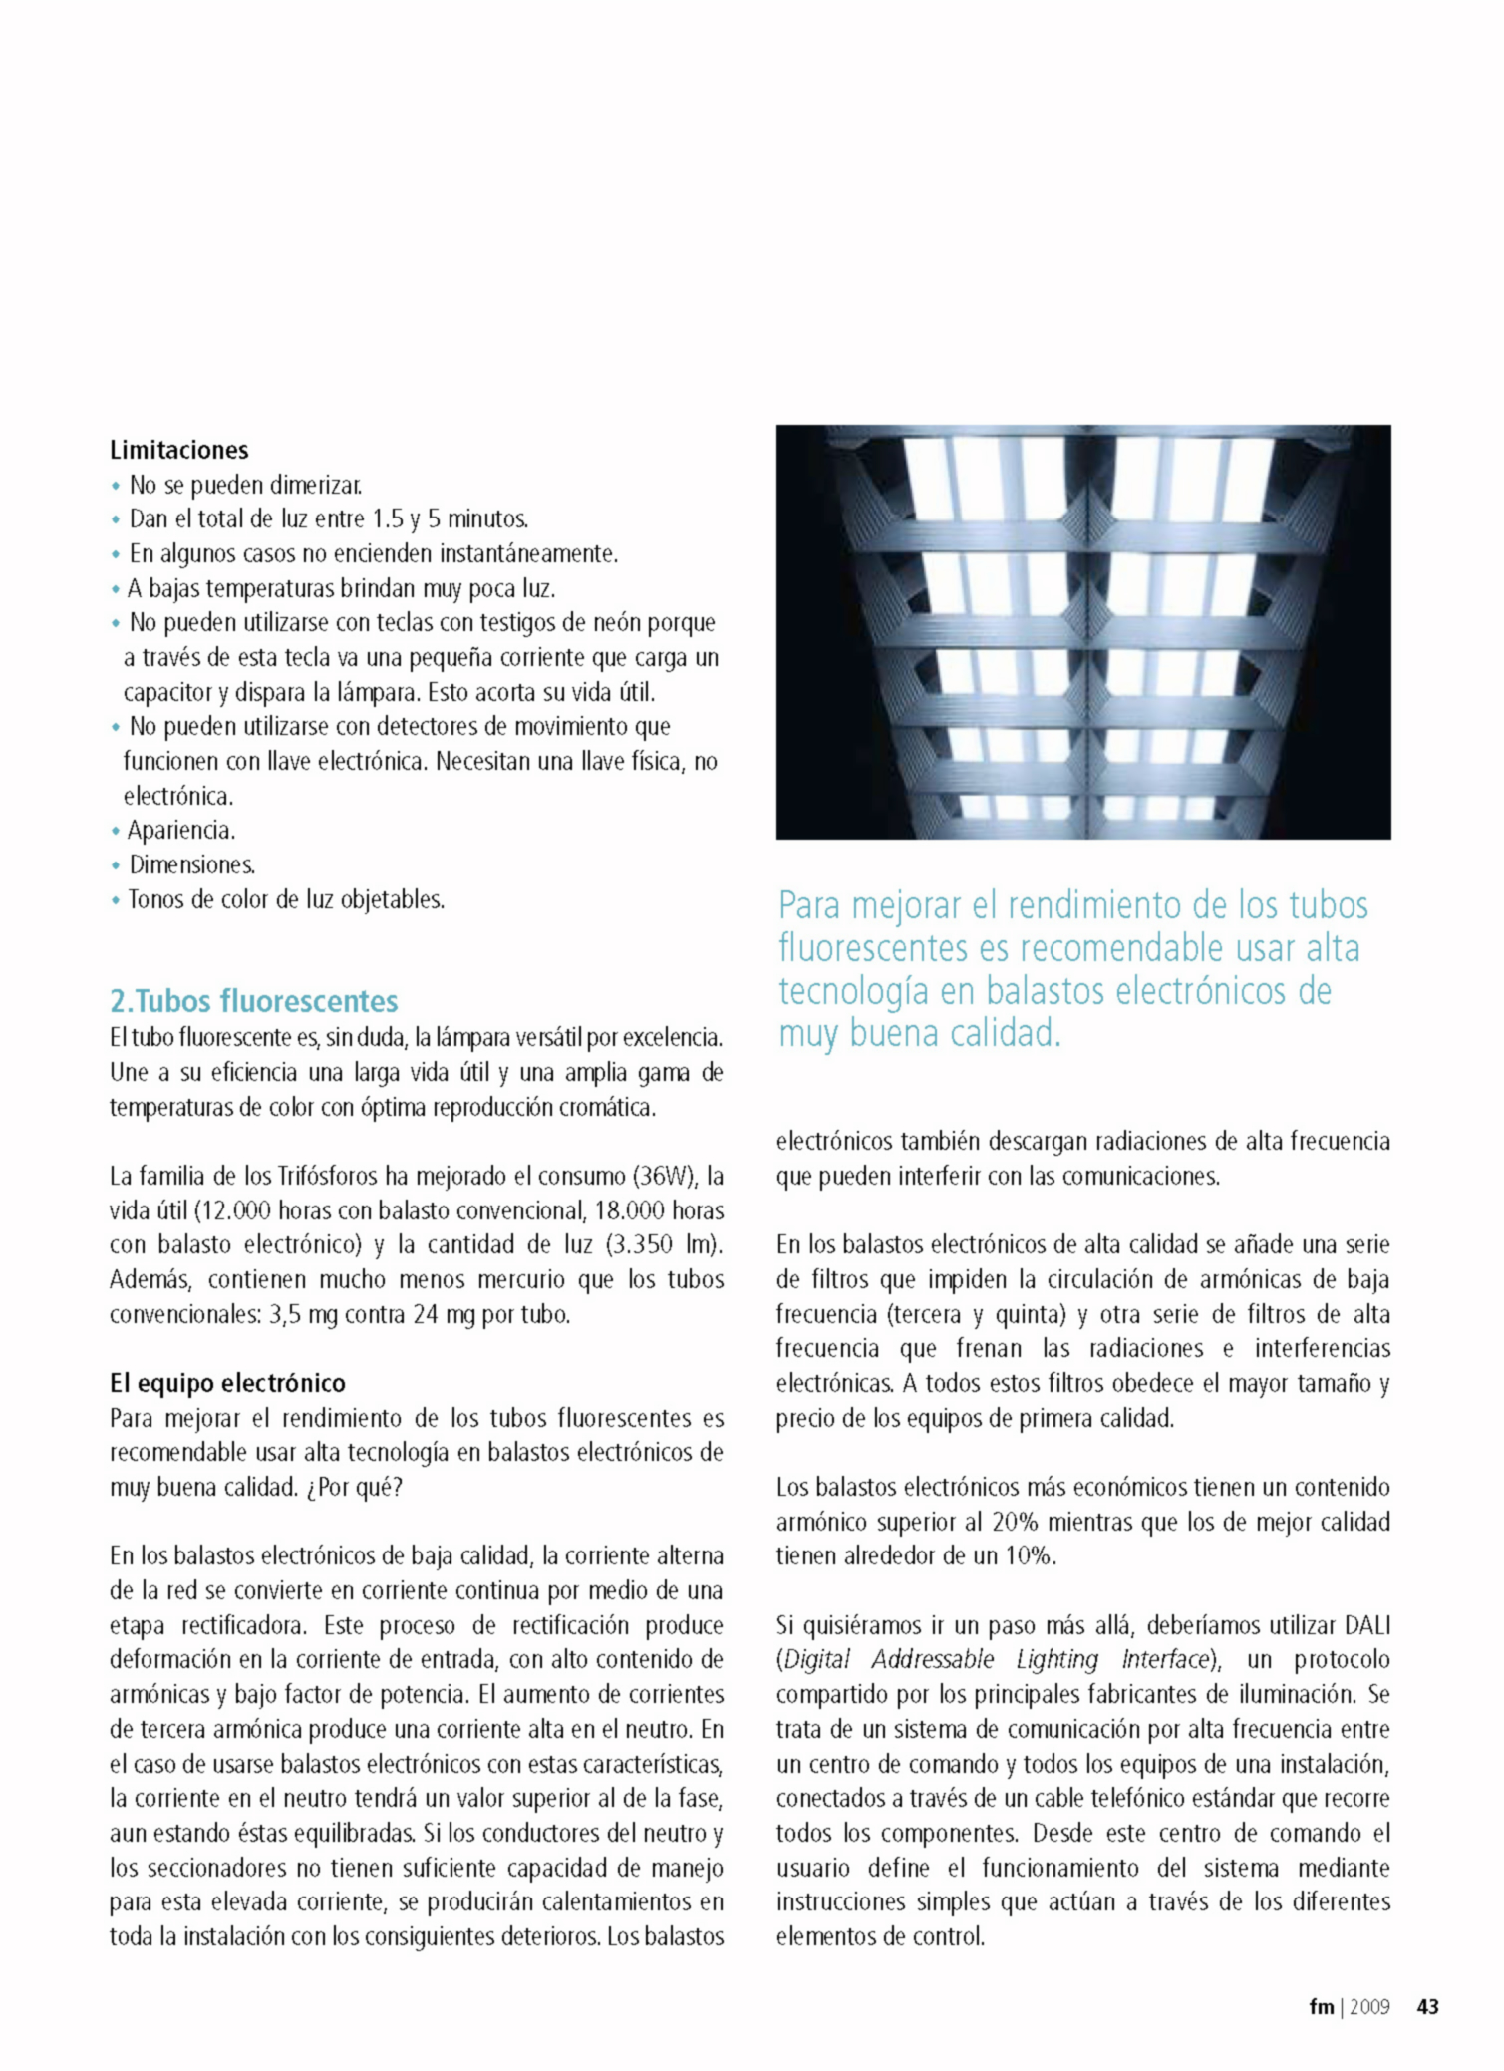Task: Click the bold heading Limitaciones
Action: (178, 450)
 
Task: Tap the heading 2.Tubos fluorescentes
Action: (253, 1000)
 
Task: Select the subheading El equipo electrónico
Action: (227, 1383)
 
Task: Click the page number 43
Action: (1427, 2007)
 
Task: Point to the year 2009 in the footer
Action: (1369, 2007)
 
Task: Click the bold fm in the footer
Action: (1321, 2007)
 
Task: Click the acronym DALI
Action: (1367, 1626)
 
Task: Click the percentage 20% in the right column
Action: (1016, 1523)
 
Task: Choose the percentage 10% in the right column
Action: (1028, 1556)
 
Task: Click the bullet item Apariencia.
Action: (180, 831)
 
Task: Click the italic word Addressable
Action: (932, 1660)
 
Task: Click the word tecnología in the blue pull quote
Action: (877, 991)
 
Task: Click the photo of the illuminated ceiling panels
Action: (1083, 631)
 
